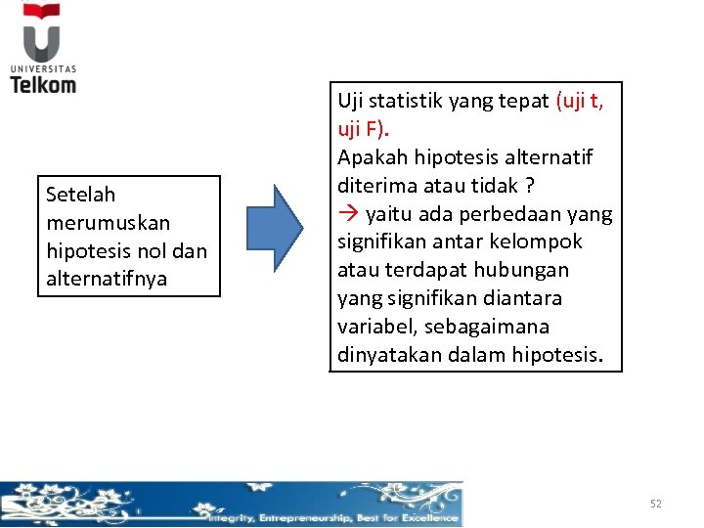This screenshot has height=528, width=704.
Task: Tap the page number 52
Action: [x=656, y=504]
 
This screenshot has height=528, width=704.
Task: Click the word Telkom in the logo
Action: [x=43, y=84]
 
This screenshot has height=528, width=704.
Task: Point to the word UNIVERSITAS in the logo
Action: [x=43, y=68]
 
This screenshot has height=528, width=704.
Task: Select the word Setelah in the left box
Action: [x=80, y=195]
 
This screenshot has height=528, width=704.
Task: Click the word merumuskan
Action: [x=94, y=223]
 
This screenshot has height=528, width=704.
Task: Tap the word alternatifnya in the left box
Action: [x=107, y=279]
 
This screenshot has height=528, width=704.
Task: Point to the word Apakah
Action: [x=371, y=158]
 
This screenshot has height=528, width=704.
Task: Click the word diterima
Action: [x=374, y=186]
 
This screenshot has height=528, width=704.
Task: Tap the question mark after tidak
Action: [x=529, y=186]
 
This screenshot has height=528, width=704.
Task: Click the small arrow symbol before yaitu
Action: [x=347, y=214]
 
